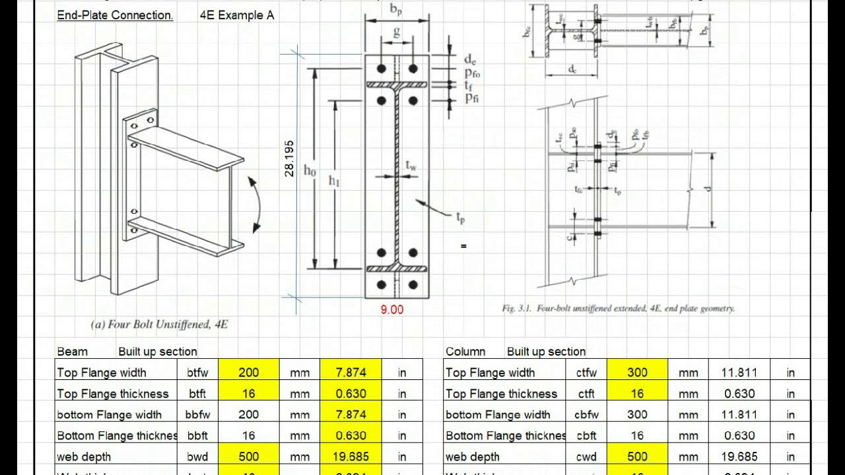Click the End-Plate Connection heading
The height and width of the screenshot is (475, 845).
tap(115, 15)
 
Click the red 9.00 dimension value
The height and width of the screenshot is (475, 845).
tap(392, 309)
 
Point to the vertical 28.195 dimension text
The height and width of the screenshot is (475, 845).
tap(288, 158)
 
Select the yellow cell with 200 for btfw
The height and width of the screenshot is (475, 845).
tap(248, 373)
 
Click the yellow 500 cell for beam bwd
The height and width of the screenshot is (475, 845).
tap(248, 457)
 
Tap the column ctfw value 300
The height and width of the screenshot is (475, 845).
tap(637, 373)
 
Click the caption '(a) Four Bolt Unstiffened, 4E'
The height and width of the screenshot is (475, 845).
tap(159, 324)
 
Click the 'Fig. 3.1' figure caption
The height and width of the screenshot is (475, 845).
tap(618, 308)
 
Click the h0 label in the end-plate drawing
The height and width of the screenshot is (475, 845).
tap(310, 170)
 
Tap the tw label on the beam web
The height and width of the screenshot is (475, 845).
tap(411, 166)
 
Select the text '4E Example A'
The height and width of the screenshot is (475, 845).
tap(237, 15)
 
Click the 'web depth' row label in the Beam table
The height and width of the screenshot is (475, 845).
tap(84, 457)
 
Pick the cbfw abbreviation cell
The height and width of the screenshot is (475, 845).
tap(586, 415)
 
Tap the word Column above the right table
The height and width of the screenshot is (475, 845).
tap(465, 352)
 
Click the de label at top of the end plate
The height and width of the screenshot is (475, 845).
tap(471, 60)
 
